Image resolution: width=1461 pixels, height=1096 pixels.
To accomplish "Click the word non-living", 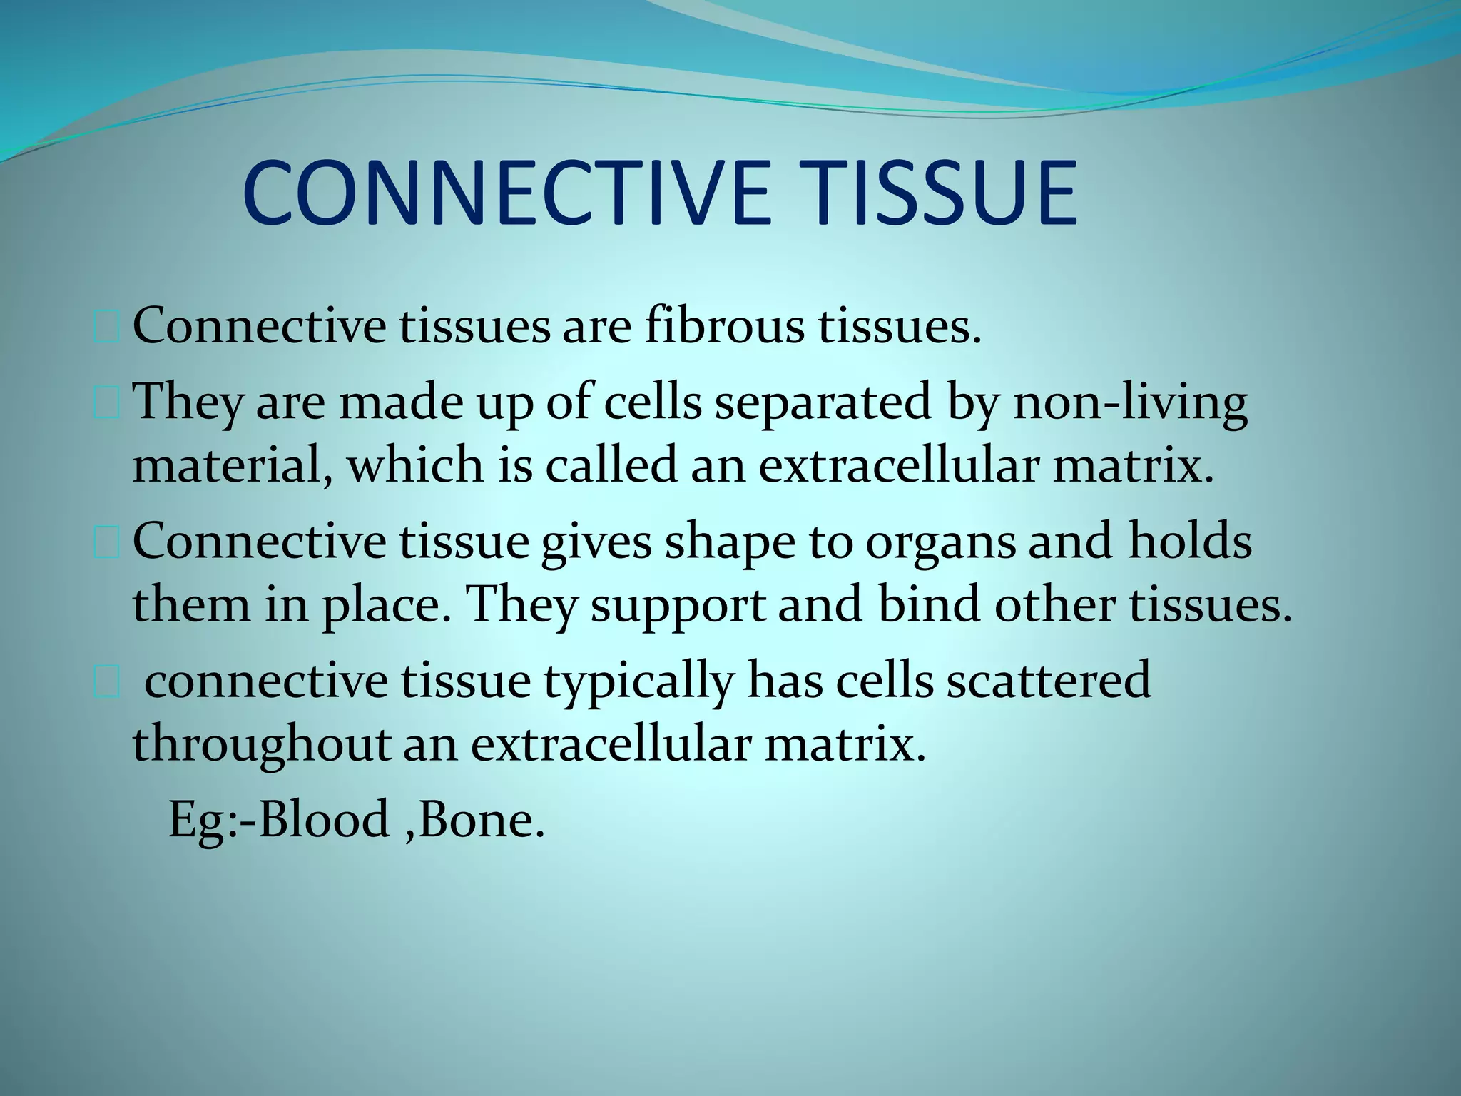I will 1130,402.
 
